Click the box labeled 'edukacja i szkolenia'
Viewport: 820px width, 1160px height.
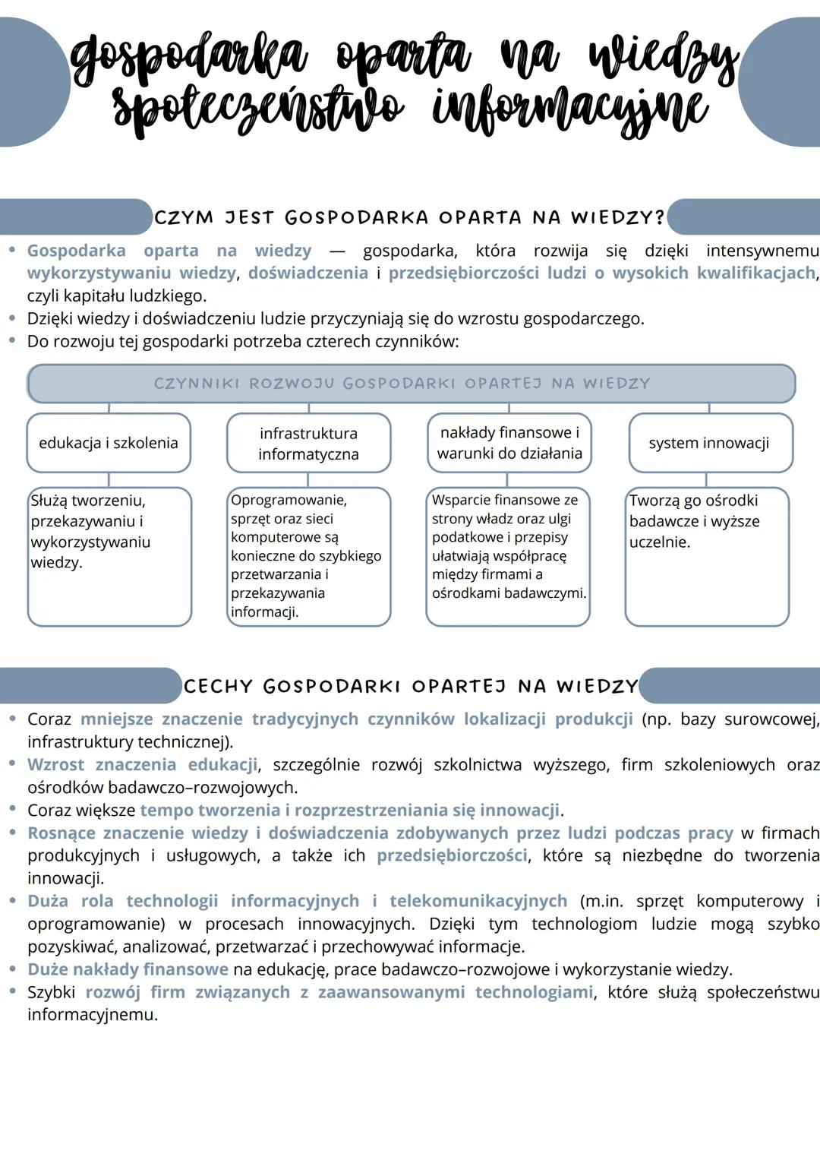pyautogui.click(x=109, y=443)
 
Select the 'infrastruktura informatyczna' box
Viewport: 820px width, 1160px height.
pyautogui.click(x=308, y=444)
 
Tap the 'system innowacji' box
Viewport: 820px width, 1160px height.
pyautogui.click(x=709, y=443)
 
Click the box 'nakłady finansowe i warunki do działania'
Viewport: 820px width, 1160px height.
pyautogui.click(x=509, y=443)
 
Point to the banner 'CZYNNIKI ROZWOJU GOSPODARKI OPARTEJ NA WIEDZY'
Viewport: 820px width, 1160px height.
pyautogui.click(x=410, y=384)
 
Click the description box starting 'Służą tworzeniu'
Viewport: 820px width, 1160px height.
pyautogui.click(x=109, y=556)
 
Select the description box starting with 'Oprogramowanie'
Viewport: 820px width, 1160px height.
pyautogui.click(x=308, y=556)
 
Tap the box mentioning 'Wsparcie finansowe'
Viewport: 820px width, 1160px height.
pyautogui.click(x=508, y=556)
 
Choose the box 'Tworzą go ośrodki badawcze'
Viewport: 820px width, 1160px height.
pyautogui.click(x=707, y=556)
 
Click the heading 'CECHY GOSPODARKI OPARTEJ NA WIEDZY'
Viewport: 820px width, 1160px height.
pyautogui.click(x=411, y=687)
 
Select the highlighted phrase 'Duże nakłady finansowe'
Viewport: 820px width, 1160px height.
pyautogui.click(x=128, y=969)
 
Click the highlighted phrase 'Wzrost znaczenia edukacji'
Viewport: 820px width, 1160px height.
pyautogui.click(x=143, y=765)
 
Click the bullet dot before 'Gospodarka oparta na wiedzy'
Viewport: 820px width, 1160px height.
pyautogui.click(x=12, y=250)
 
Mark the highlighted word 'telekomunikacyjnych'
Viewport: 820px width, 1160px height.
pyautogui.click(x=478, y=901)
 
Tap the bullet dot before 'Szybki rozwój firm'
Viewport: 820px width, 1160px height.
pyautogui.click(x=12, y=991)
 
